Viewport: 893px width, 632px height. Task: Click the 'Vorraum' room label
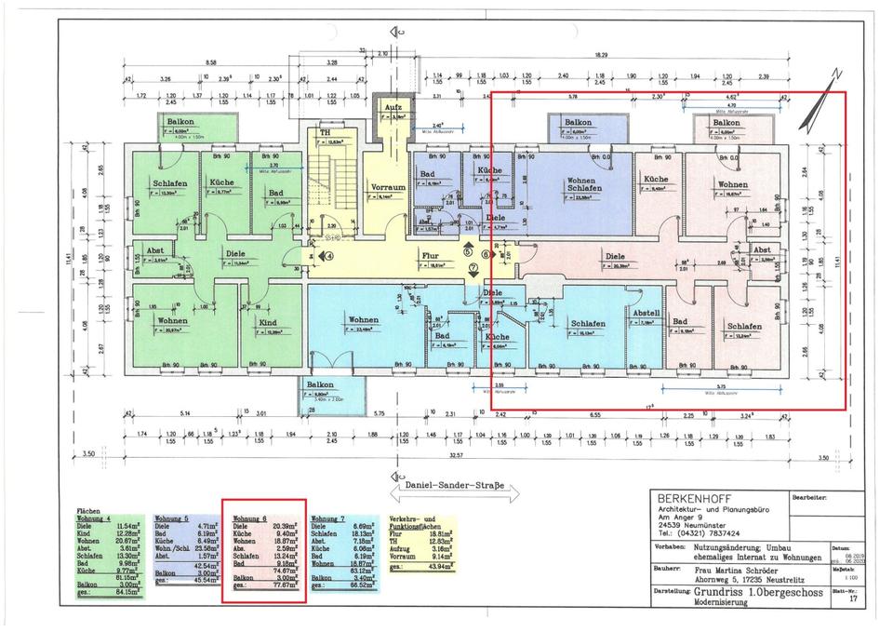388,186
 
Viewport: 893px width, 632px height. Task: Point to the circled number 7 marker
473,267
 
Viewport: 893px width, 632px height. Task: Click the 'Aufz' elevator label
393,108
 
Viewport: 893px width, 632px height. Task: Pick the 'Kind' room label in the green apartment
268,322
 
